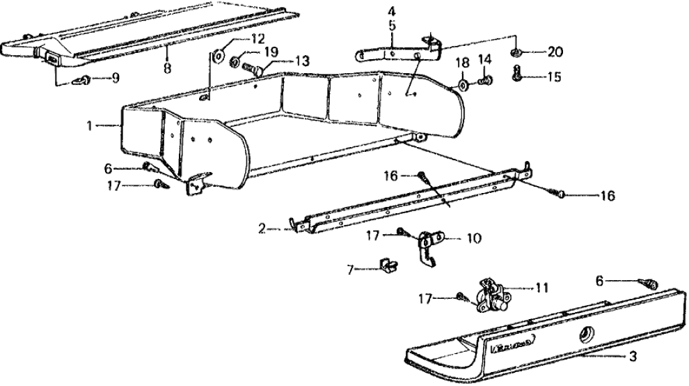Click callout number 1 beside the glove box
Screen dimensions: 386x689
(90, 125)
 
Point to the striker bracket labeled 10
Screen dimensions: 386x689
(427, 246)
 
